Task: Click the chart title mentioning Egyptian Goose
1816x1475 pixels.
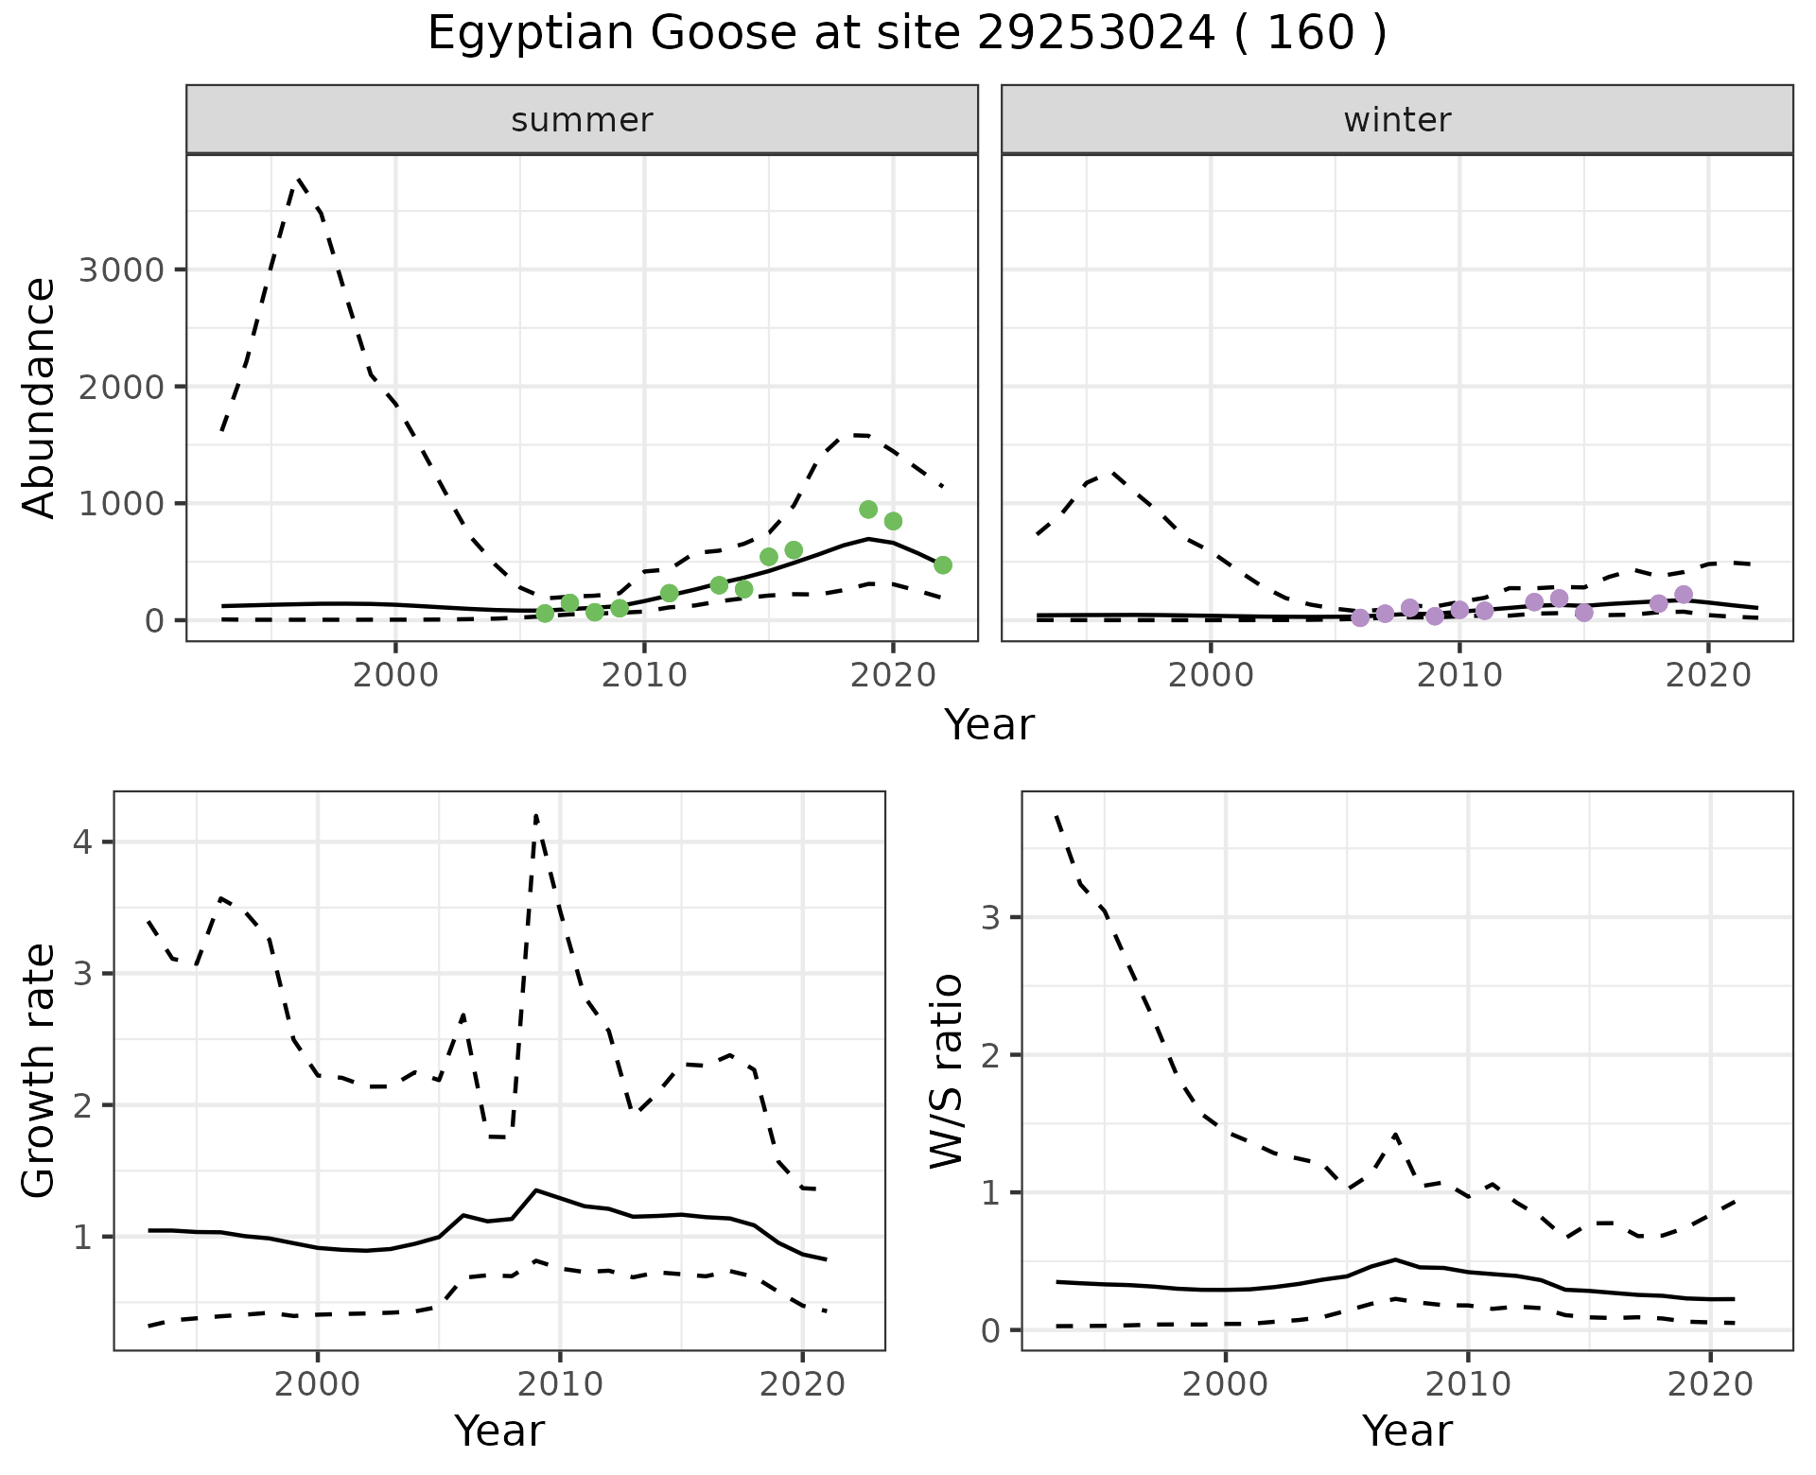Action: [906, 34]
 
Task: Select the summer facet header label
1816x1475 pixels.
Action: [582, 120]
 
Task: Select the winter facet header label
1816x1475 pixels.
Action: [1397, 120]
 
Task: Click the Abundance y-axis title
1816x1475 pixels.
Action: [40, 397]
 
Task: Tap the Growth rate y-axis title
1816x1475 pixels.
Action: [40, 1070]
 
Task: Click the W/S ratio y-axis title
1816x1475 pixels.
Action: [947, 1070]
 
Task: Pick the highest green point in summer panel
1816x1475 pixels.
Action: [868, 510]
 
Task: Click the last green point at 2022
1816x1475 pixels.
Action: [943, 565]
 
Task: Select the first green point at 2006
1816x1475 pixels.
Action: [545, 614]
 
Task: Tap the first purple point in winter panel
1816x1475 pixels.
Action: [1360, 617]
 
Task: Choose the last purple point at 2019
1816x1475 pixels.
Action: [1684, 595]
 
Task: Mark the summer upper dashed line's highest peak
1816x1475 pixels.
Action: [299, 178]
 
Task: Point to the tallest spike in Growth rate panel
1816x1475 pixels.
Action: [536, 815]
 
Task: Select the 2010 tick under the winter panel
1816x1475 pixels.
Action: [1459, 675]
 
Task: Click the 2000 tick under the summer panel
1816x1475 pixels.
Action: [395, 675]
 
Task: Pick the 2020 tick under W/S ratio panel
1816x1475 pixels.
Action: [1710, 1384]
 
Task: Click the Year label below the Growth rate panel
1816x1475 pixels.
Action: [499, 1431]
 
